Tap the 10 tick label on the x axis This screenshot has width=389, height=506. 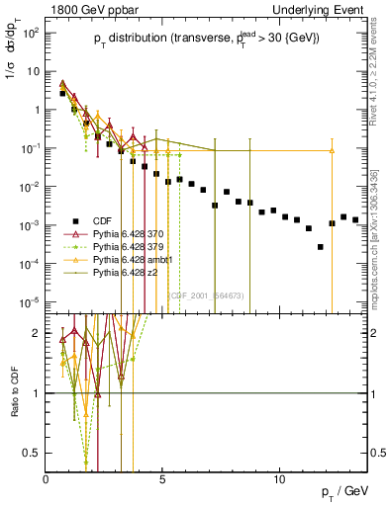pyautogui.click(x=280, y=478)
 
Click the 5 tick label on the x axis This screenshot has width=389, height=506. pyautogui.click(x=163, y=478)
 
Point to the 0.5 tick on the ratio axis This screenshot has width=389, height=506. pyautogui.click(x=35, y=453)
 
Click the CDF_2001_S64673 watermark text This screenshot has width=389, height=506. pyautogui.click(x=207, y=294)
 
